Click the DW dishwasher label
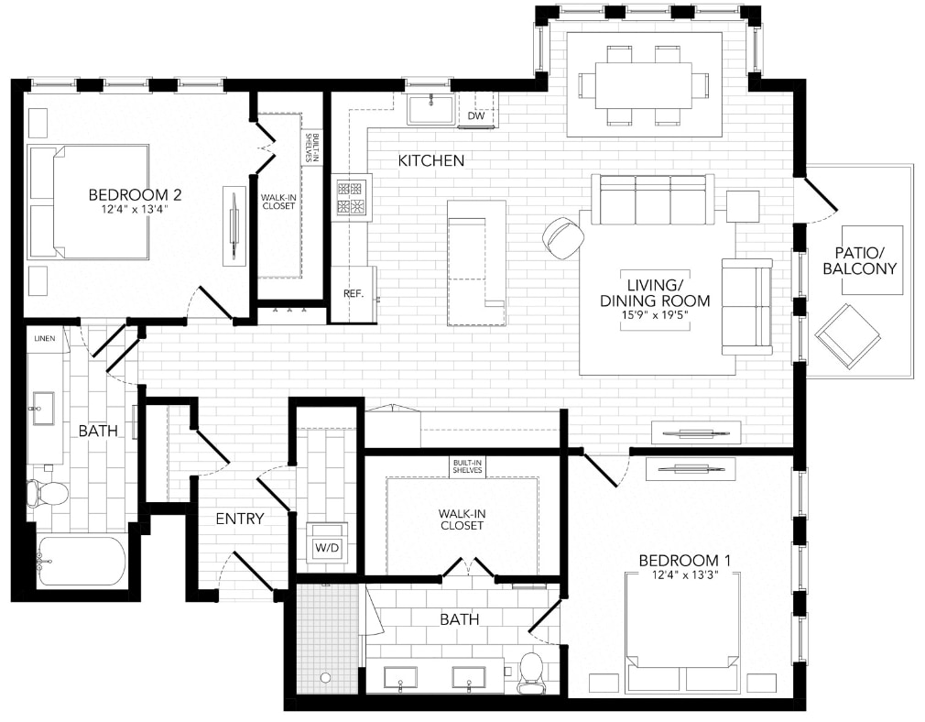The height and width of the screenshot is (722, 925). (x=476, y=115)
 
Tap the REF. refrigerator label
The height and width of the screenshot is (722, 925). (x=354, y=294)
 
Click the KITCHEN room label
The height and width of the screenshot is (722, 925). (x=430, y=160)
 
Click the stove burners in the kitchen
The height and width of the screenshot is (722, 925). (x=353, y=197)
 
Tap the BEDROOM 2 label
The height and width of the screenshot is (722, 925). (x=135, y=194)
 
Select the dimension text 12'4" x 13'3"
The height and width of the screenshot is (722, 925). (x=678, y=574)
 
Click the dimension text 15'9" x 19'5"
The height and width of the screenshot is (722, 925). (x=656, y=314)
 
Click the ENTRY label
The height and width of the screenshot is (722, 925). (x=240, y=519)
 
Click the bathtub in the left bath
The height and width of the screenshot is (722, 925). (x=81, y=561)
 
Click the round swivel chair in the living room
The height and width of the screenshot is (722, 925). (x=563, y=236)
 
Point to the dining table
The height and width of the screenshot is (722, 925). (x=644, y=84)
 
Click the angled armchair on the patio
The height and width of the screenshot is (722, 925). (x=847, y=335)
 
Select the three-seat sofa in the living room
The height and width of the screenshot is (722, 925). (x=652, y=200)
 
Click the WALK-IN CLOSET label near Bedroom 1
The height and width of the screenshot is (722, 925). (x=461, y=520)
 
